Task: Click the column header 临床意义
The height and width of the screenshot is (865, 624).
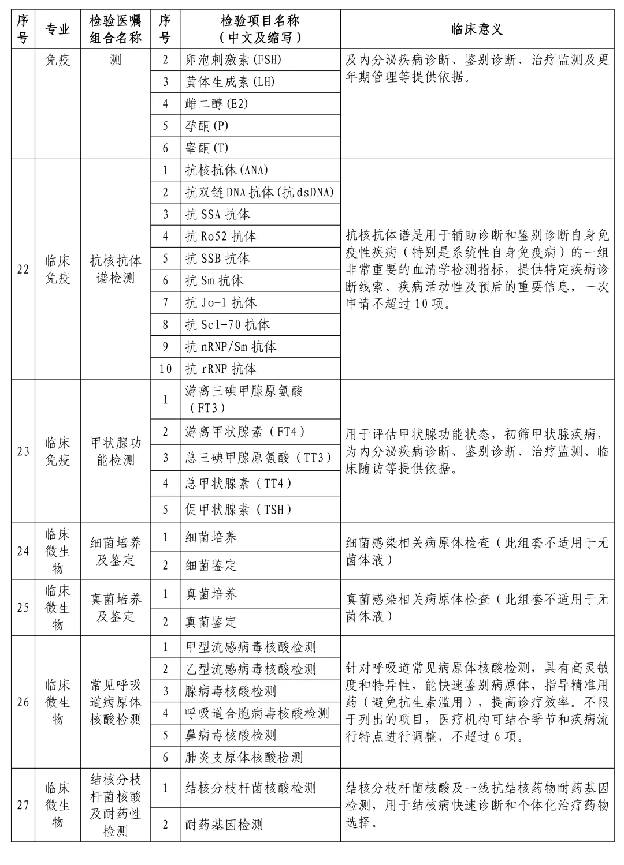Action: tap(477, 29)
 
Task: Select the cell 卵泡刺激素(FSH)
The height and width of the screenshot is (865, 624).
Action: tap(233, 60)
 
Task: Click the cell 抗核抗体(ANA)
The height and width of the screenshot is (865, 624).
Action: tap(226, 170)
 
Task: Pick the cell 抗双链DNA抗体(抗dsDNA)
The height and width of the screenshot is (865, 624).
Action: tap(259, 192)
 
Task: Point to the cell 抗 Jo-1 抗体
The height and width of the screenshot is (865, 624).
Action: tap(221, 302)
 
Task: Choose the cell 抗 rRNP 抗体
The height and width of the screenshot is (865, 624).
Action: tap(221, 369)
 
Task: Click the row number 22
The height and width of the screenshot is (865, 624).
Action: tap(23, 269)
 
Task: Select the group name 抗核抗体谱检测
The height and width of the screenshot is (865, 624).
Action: tap(116, 269)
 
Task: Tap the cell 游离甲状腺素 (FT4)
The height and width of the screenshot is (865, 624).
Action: tap(245, 432)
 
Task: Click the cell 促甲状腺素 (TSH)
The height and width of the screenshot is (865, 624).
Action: tap(238, 510)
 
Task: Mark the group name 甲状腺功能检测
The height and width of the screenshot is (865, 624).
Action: tap(116, 451)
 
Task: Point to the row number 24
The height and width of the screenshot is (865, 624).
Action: tap(23, 551)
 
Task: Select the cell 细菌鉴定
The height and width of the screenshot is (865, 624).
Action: tap(211, 566)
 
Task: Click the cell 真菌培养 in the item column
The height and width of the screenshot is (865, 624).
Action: tap(211, 594)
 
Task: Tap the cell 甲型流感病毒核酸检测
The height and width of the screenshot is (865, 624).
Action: tap(251, 647)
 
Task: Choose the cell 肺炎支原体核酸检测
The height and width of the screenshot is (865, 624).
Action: tap(244, 758)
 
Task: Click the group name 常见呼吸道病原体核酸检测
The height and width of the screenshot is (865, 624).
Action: tap(116, 702)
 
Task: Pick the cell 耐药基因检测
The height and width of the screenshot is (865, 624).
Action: tap(224, 825)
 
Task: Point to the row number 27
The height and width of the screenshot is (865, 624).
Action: tap(23, 805)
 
